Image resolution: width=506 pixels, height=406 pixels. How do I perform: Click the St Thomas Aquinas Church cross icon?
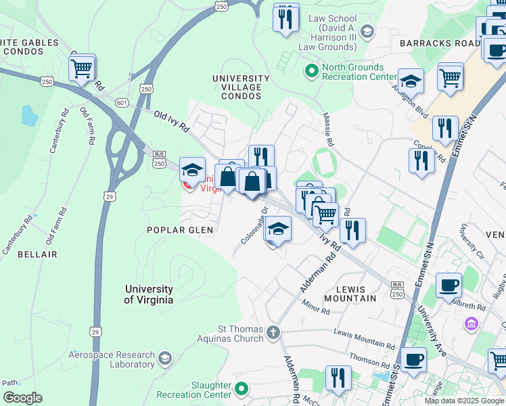[273, 332]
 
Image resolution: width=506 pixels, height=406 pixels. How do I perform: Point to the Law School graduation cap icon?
[367, 31]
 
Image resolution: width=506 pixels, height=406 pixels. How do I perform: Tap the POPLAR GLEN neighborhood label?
[180, 230]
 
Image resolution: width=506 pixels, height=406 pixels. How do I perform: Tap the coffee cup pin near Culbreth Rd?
[448, 285]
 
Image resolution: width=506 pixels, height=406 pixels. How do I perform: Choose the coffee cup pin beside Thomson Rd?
[413, 359]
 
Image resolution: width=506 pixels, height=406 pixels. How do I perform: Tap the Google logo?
[22, 397]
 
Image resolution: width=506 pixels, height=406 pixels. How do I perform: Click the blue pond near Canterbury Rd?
[29, 116]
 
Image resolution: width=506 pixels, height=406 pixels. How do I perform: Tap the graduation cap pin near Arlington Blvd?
[411, 82]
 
